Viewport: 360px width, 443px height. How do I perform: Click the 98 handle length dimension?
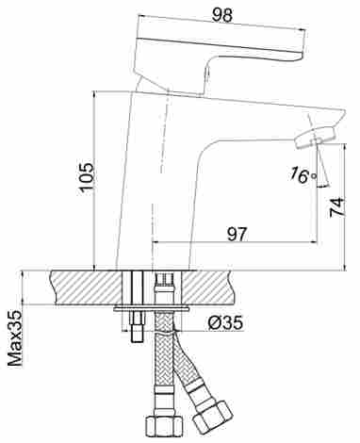[x=222, y=15]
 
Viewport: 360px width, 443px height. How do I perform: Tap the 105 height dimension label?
[x=87, y=177]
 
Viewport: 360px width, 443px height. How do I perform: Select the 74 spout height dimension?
[x=337, y=207]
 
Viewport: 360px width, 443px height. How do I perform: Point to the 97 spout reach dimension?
[x=237, y=234]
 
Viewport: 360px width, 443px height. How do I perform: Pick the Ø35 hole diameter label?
[x=226, y=322]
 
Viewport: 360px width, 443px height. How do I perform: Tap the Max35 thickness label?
[x=15, y=338]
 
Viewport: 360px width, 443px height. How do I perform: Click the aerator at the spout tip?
[x=315, y=137]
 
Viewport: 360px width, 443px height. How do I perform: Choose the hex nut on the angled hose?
[x=213, y=416]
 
